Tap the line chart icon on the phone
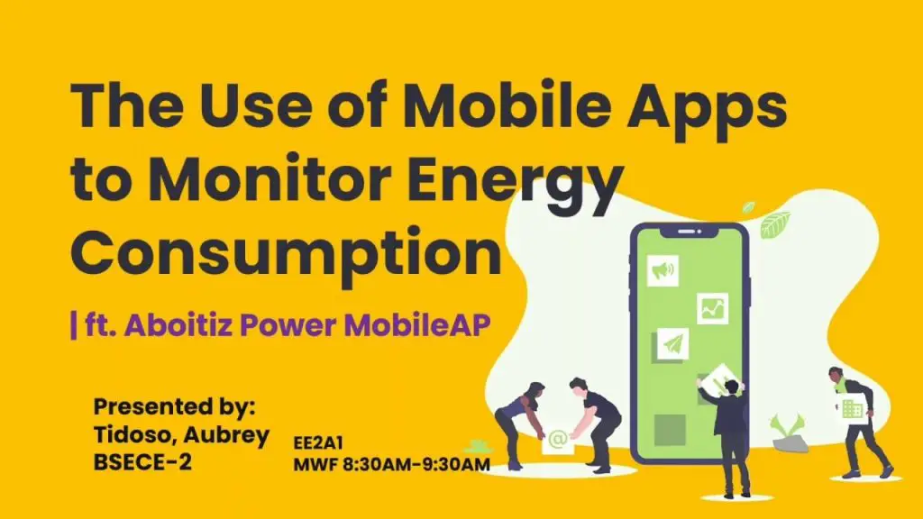(x=712, y=308)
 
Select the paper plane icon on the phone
(x=672, y=343)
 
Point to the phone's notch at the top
(x=690, y=232)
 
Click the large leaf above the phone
(x=775, y=223)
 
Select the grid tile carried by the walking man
(x=851, y=408)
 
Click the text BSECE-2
(x=144, y=464)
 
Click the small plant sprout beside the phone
(x=786, y=427)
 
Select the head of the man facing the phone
(x=732, y=388)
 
